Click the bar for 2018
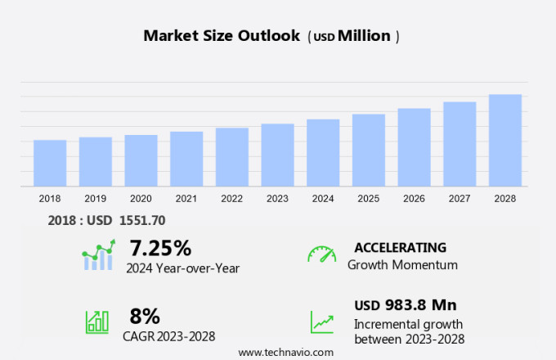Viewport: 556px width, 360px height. [50, 164]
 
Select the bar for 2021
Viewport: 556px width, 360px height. [186, 160]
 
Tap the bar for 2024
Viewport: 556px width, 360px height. [323, 153]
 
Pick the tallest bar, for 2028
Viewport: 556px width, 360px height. [505, 141]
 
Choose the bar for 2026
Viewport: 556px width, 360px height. [415, 148]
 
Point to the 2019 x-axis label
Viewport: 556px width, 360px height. [96, 199]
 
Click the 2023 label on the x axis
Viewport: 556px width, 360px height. [277, 199]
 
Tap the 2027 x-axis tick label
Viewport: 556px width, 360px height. [460, 199]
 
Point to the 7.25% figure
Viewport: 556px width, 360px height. [160, 248]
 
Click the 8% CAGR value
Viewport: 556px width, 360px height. [145, 316]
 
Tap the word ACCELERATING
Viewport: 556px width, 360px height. [401, 247]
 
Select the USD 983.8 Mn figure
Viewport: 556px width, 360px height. [406, 305]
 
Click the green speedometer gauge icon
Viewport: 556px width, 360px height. [321, 254]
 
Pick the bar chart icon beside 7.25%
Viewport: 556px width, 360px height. [98, 255]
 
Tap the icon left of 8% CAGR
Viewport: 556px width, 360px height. [97, 321]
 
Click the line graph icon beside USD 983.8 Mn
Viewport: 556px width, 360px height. [321, 321]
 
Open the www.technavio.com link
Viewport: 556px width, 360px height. [286, 352]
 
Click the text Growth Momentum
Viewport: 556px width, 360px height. [402, 265]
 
